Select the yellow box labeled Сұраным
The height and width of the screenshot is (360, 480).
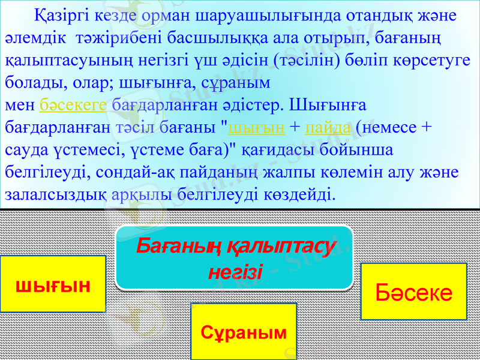click(244, 332)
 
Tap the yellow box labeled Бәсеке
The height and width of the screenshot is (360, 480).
click(413, 292)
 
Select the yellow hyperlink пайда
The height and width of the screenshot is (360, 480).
click(328, 127)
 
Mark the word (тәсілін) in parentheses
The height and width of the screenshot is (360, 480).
click(307, 61)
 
